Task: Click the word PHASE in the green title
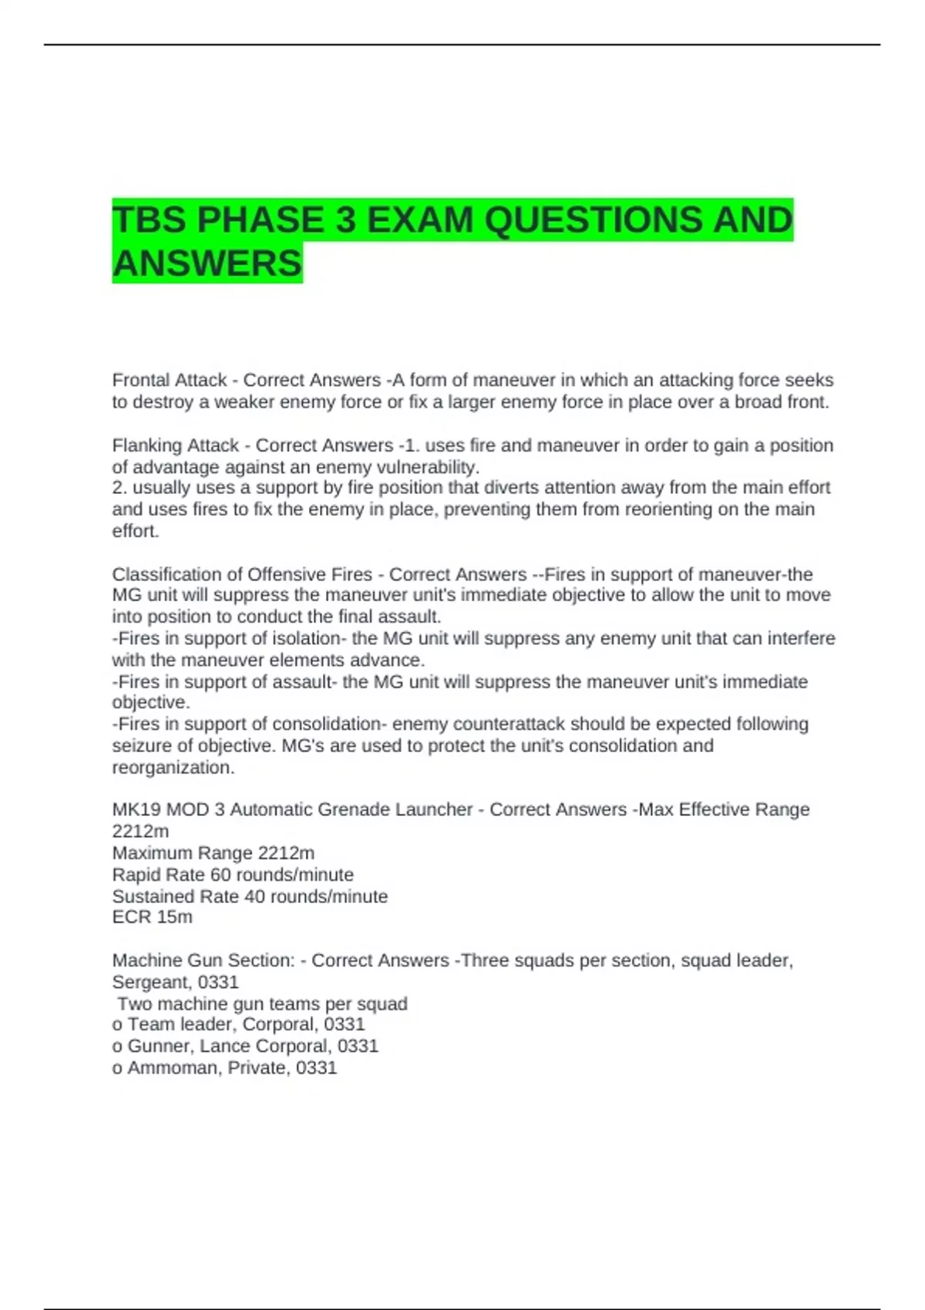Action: [261, 220]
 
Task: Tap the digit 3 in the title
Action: [345, 220]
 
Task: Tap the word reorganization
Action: [173, 768]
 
